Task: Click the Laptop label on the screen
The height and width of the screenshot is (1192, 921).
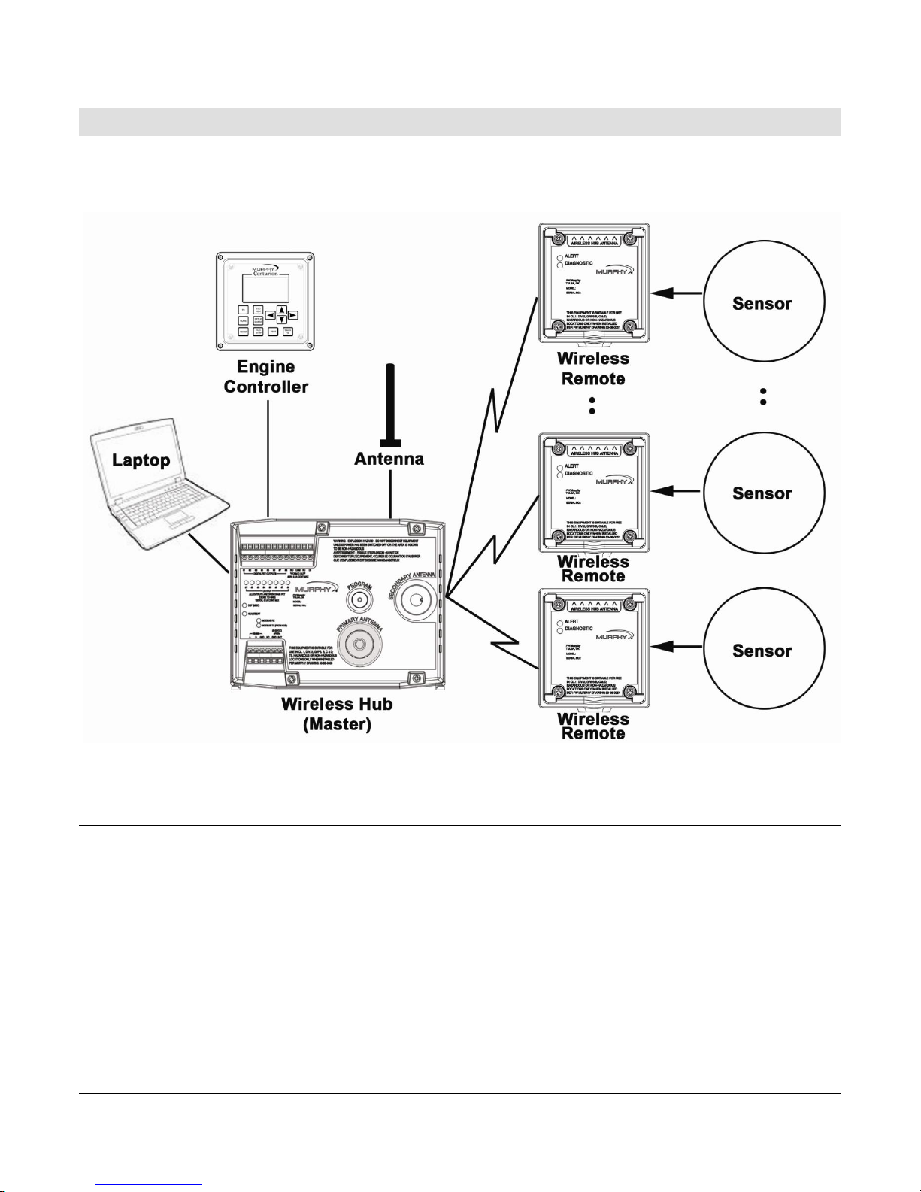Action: point(141,460)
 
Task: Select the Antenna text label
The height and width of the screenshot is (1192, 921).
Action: point(389,458)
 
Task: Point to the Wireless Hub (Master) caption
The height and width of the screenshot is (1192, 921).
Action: point(337,714)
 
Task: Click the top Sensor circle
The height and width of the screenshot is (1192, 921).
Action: point(762,304)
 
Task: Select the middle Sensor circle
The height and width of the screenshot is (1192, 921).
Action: point(762,493)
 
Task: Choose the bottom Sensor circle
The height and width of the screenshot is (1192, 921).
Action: point(762,651)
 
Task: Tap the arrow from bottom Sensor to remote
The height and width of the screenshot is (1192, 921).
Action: point(677,646)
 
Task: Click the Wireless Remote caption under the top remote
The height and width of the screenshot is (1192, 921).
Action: point(593,369)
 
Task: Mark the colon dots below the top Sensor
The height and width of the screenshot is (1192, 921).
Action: point(763,397)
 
